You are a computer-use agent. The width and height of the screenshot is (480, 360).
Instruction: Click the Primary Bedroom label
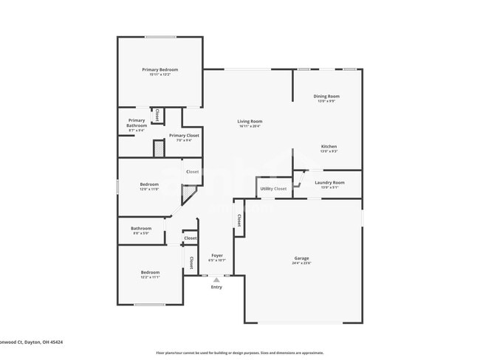click(160, 69)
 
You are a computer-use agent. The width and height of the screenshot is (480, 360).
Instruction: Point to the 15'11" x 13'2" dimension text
click(160, 75)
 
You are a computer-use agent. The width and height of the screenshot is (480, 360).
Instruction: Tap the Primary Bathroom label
click(137, 122)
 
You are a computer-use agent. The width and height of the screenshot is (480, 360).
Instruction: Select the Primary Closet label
click(183, 135)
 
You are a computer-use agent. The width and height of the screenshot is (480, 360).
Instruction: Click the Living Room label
click(250, 121)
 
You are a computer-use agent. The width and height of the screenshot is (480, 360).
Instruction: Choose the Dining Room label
click(327, 96)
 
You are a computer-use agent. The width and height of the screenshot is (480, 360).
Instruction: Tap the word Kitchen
click(329, 146)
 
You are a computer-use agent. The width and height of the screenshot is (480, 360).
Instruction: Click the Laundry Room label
click(329, 182)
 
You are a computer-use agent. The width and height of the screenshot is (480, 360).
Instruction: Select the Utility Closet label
click(273, 189)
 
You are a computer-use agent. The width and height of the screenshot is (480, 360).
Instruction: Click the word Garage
click(301, 257)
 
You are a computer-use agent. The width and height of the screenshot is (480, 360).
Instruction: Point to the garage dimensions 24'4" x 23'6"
click(301, 263)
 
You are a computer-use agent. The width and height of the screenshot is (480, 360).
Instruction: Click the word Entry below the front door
click(216, 287)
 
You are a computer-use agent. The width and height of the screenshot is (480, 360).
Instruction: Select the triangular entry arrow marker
click(216, 280)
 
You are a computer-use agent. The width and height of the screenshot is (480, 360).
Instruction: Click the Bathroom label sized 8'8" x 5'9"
click(141, 228)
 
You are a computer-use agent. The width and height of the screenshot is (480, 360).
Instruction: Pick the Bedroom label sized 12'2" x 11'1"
click(150, 272)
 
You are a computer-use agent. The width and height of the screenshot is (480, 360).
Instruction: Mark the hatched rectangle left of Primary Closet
click(158, 148)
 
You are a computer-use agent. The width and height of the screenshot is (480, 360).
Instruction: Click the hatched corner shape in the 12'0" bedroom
click(189, 195)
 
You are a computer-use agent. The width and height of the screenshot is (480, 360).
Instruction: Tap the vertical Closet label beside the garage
click(239, 220)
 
